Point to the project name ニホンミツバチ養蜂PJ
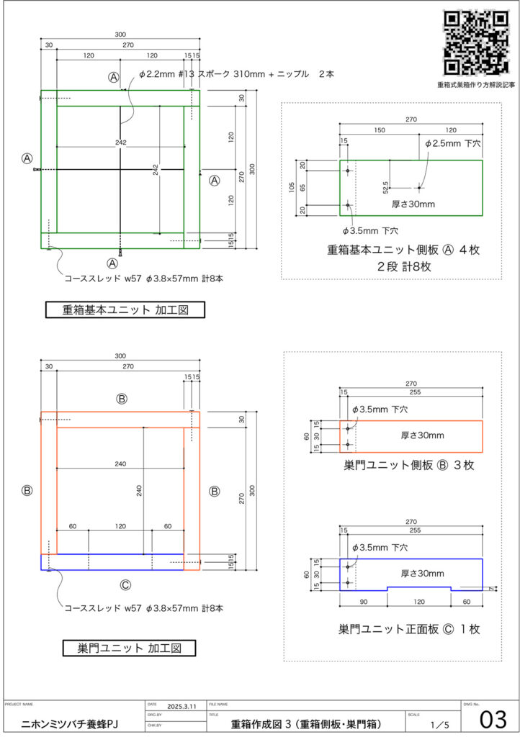[70, 723]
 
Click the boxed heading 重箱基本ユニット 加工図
[125, 310]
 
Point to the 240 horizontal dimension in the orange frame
[120, 464]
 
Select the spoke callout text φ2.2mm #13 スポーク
[187, 75]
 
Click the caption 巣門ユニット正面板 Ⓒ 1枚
[409, 628]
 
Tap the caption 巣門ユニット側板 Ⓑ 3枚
[409, 465]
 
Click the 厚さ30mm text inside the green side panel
[413, 204]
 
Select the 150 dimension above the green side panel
[379, 130]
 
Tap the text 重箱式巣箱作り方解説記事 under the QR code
[475, 85]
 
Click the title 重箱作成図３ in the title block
[307, 723]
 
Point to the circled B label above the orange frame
[122, 399]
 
